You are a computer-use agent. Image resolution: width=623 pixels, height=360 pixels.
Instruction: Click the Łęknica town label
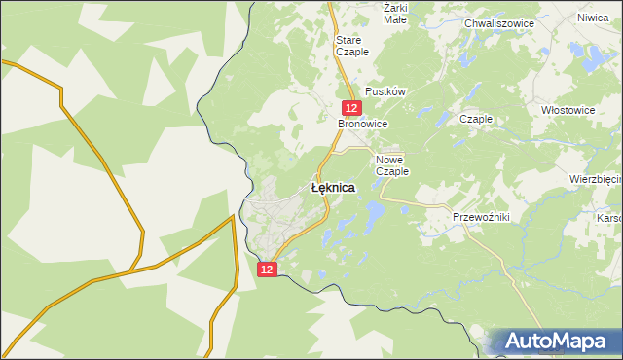(332, 187)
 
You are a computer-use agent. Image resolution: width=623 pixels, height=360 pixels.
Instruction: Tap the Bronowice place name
(362, 126)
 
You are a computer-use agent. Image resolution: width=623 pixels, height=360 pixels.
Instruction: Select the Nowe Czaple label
(392, 164)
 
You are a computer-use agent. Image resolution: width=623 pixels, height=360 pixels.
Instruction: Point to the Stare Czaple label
(351, 46)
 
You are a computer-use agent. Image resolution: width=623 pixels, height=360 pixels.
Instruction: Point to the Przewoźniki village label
(481, 216)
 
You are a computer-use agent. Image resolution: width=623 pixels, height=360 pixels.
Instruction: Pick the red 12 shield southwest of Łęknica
(271, 268)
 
